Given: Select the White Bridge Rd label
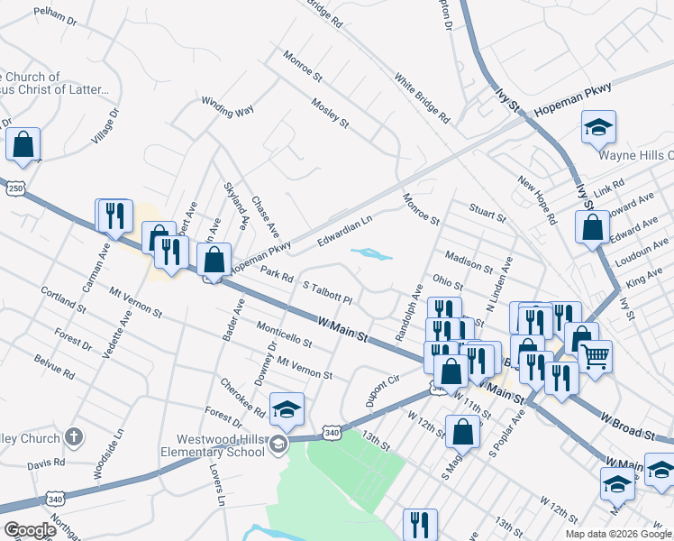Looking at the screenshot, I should pos(421,97).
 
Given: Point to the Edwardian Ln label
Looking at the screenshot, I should pos(344,232).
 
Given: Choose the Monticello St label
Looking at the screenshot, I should pos(283,335).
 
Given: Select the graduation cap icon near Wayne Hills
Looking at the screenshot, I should pos(597,128).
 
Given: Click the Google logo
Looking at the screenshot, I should pos(30,530).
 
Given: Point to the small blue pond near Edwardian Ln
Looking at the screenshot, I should pos(372,254).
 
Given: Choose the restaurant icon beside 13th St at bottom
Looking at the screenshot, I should pos(420,524).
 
